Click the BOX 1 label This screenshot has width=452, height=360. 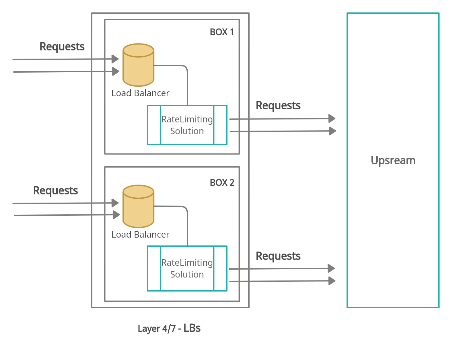click(222, 32)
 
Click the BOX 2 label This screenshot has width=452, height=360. click(222, 183)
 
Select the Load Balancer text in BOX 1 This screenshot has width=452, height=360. click(140, 93)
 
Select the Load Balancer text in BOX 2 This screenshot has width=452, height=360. click(140, 235)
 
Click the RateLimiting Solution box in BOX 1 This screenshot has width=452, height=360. click(187, 125)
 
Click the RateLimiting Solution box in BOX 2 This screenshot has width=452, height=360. click(187, 268)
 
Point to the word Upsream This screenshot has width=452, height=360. click(393, 160)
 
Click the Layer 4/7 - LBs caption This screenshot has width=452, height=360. click(169, 328)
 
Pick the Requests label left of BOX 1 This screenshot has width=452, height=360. click(62, 46)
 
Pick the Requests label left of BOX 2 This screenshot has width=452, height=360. click(55, 190)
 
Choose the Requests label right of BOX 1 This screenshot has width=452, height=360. click(278, 105)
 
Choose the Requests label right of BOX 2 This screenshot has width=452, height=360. click(278, 256)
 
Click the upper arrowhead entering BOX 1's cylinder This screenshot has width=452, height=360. click(115, 59)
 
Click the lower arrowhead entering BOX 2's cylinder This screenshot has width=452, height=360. click(116, 215)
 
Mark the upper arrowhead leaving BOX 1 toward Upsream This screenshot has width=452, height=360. click(332, 118)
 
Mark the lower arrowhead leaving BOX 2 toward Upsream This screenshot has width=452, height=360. click(332, 281)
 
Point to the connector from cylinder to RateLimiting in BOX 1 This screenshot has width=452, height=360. click(187, 82)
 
